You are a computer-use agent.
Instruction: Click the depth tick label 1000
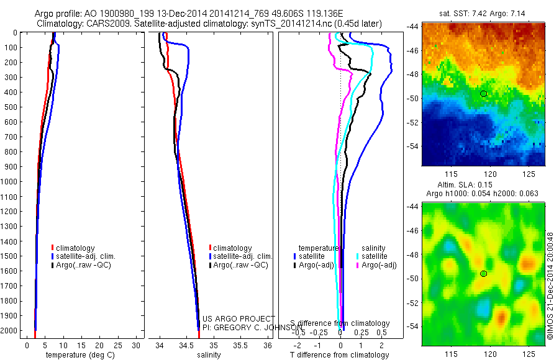(11, 182)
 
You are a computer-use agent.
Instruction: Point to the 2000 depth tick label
(11, 331)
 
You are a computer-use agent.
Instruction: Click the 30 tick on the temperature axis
(135, 345)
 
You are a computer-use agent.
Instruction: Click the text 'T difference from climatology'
(339, 356)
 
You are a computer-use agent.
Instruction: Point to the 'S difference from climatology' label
(340, 323)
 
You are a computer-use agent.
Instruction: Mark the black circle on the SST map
(484, 94)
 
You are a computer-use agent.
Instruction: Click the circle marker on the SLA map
(484, 274)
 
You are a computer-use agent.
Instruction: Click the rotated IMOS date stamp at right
(550, 286)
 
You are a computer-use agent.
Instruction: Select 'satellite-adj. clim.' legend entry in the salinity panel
(243, 256)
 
